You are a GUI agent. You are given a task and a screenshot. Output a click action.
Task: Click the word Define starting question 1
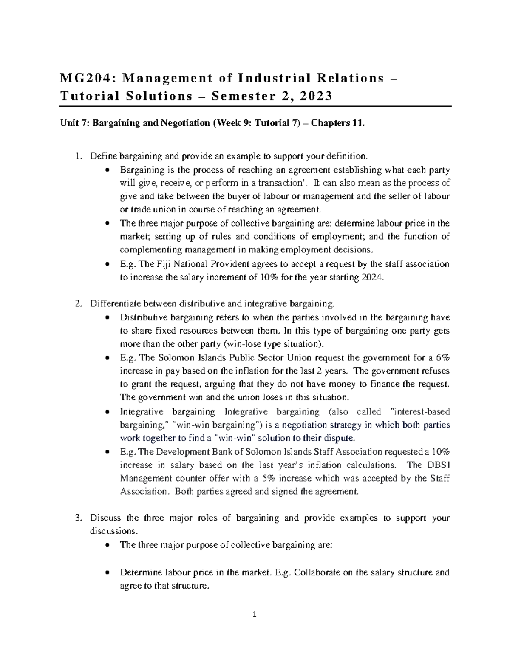[x=103, y=156]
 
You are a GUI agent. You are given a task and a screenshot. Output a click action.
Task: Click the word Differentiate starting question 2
[x=116, y=303]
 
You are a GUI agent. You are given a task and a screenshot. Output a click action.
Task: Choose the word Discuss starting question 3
[x=105, y=518]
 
